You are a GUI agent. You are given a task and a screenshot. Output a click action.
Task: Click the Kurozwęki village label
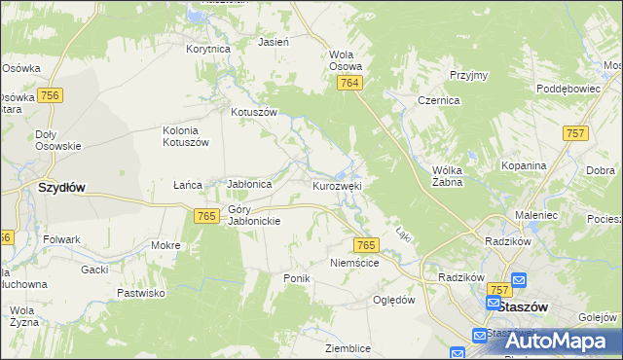coord(337,185)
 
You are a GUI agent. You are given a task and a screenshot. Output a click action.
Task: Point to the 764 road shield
coord(351,85)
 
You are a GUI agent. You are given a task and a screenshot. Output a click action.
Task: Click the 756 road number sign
coord(52,94)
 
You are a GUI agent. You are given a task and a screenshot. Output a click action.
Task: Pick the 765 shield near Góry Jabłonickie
coord(205,216)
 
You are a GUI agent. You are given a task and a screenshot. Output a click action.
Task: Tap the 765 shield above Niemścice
coord(365,245)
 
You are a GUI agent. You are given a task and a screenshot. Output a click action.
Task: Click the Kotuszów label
coord(254,112)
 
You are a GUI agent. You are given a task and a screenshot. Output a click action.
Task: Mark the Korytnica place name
coord(208,48)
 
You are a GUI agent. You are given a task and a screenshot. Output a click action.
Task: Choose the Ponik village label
coord(296,278)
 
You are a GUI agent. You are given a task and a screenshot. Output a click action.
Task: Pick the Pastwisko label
coord(141,292)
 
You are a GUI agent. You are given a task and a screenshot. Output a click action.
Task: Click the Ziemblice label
coord(348,347)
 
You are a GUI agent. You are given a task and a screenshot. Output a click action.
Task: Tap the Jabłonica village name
coord(248,183)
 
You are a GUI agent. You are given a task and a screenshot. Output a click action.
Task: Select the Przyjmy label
coord(468,75)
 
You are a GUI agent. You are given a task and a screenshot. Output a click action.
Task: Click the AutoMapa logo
coord(550,341)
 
